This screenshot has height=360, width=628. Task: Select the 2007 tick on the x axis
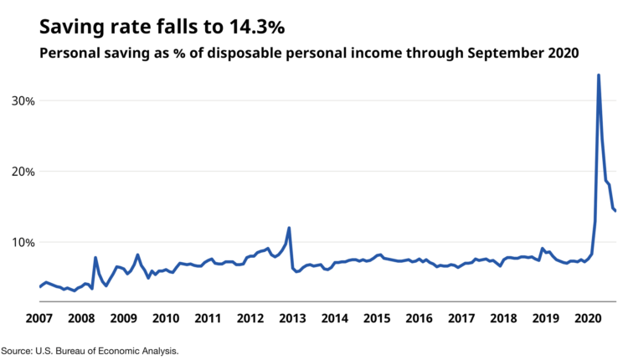coord(39,318)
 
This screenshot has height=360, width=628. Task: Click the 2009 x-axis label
coord(123,318)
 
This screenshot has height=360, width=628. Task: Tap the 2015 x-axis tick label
coord(377,318)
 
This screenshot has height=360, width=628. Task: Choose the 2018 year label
coord(503,318)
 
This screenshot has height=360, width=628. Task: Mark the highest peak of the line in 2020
coord(598,75)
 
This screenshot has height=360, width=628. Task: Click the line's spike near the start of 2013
coord(289,228)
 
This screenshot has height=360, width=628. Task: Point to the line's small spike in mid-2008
coord(95,258)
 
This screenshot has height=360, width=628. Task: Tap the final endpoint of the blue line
coord(615,211)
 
